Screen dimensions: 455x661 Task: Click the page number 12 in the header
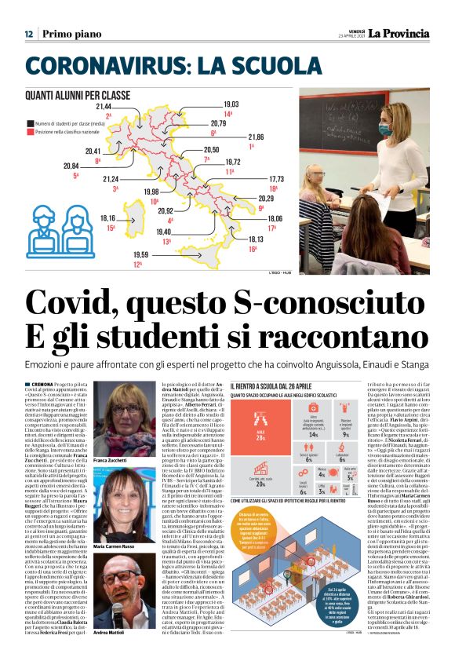tap(28, 34)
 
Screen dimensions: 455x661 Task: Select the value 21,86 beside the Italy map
tap(256, 137)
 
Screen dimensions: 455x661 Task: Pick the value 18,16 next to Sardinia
tap(108, 217)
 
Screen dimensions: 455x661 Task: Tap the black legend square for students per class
tap(29, 123)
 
